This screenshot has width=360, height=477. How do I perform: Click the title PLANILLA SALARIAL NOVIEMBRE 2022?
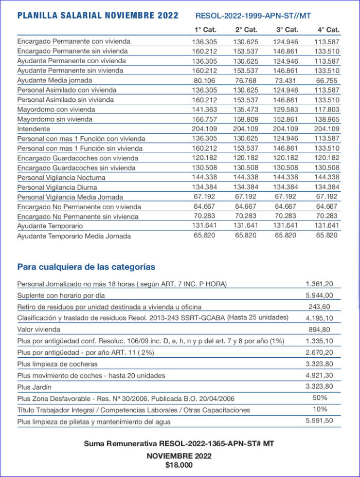coord(98,15)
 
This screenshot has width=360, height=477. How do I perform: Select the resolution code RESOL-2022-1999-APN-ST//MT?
coord(253,16)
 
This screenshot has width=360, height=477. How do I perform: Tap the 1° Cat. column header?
coord(205,30)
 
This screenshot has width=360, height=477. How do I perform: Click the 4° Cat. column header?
coord(327,30)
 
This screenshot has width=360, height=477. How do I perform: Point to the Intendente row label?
coord(33,129)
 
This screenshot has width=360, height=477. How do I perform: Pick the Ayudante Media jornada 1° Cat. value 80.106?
coord(205,80)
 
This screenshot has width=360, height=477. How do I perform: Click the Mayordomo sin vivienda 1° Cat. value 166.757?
coord(205,119)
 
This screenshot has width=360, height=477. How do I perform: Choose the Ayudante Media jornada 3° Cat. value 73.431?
coord(286,80)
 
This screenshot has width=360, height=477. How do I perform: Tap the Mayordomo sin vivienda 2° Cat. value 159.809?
coord(245,119)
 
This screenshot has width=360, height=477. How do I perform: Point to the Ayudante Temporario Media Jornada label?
coord(74,236)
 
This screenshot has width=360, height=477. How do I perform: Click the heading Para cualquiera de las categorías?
coord(86,267)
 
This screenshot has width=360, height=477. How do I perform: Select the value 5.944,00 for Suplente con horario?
coord(319,295)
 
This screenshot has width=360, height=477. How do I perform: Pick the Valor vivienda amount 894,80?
coord(319,329)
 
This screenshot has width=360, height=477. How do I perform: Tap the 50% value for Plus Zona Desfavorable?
coord(320,398)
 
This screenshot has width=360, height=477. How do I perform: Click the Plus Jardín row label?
coord(34,387)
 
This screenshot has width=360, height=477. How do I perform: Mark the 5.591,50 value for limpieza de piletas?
coord(319,420)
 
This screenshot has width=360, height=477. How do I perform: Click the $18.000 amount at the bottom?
coord(179,465)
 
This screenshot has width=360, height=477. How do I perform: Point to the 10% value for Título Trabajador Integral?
coord(320,409)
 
